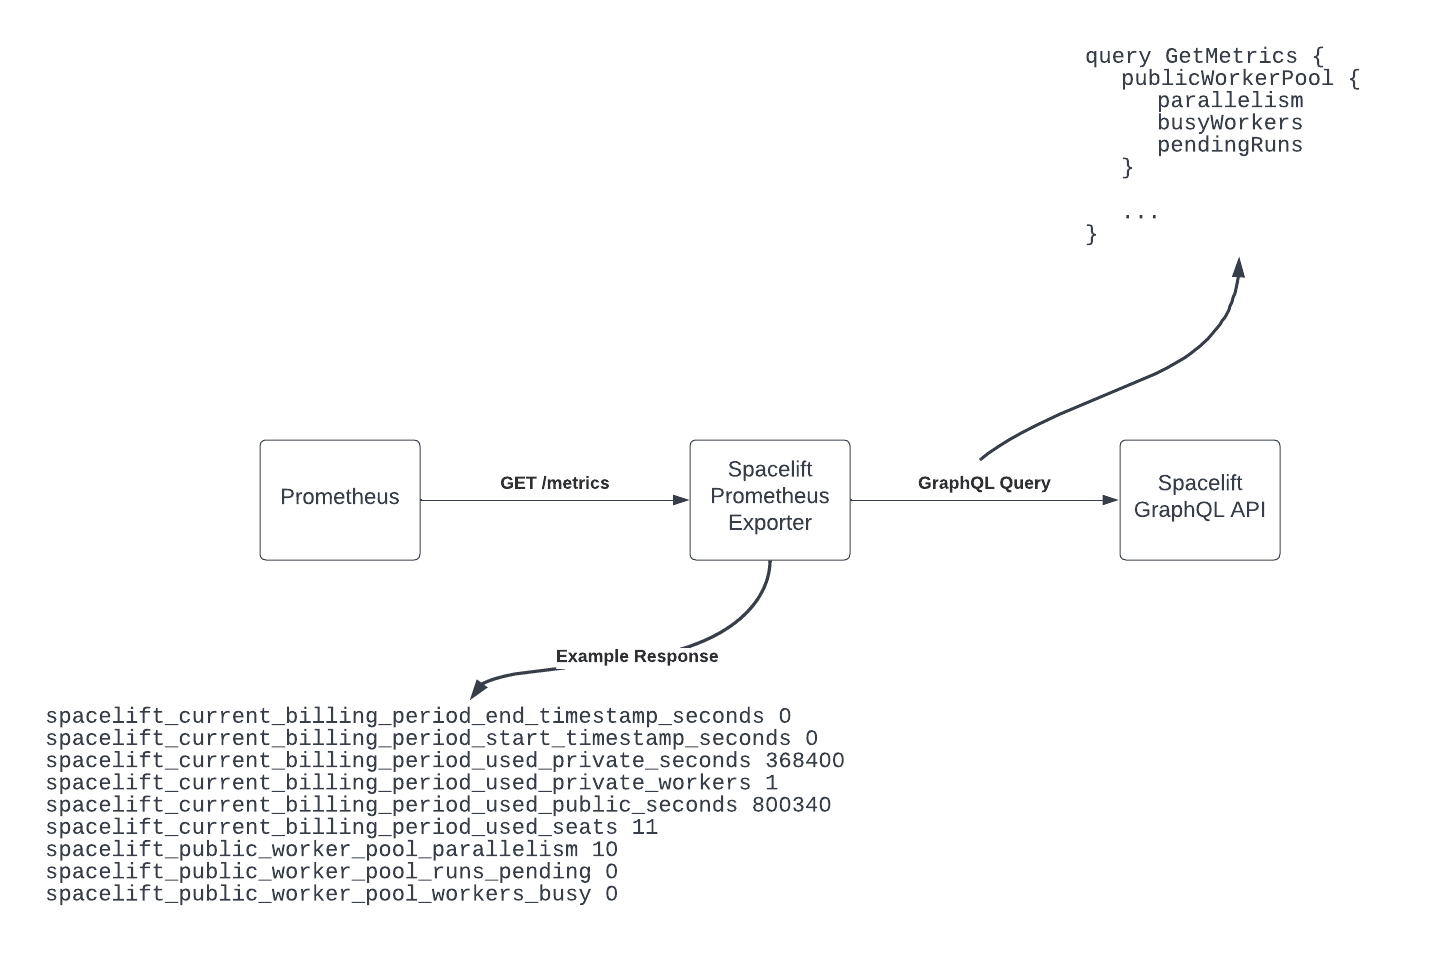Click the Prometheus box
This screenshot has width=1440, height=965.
pyautogui.click(x=340, y=500)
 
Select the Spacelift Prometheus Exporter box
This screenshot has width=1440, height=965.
pyautogui.click(x=770, y=500)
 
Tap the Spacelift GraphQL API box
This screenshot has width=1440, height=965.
pyautogui.click(x=1200, y=500)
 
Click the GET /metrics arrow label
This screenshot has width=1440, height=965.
pyautogui.click(x=555, y=483)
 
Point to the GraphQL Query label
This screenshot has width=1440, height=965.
pyautogui.click(x=984, y=483)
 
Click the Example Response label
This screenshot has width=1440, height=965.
pyautogui.click(x=637, y=656)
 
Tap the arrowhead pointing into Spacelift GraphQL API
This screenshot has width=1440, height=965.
pyautogui.click(x=1110, y=500)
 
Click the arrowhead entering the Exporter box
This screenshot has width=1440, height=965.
pyautogui.click(x=681, y=500)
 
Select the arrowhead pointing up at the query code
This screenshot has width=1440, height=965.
pyautogui.click(x=1239, y=267)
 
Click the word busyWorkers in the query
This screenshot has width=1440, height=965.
pyautogui.click(x=1230, y=123)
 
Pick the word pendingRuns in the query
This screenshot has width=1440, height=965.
pyautogui.click(x=1230, y=145)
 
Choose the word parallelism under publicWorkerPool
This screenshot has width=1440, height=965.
pyautogui.click(x=1230, y=101)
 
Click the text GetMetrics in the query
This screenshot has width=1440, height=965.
pyautogui.click(x=1231, y=57)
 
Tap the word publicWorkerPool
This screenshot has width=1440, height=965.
pyautogui.click(x=1227, y=79)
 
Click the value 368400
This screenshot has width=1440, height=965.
pyautogui.click(x=805, y=761)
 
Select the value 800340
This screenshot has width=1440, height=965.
pyautogui.click(x=791, y=805)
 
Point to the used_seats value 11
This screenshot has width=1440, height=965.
pyautogui.click(x=645, y=827)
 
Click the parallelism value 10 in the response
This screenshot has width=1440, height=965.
pyautogui.click(x=605, y=850)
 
